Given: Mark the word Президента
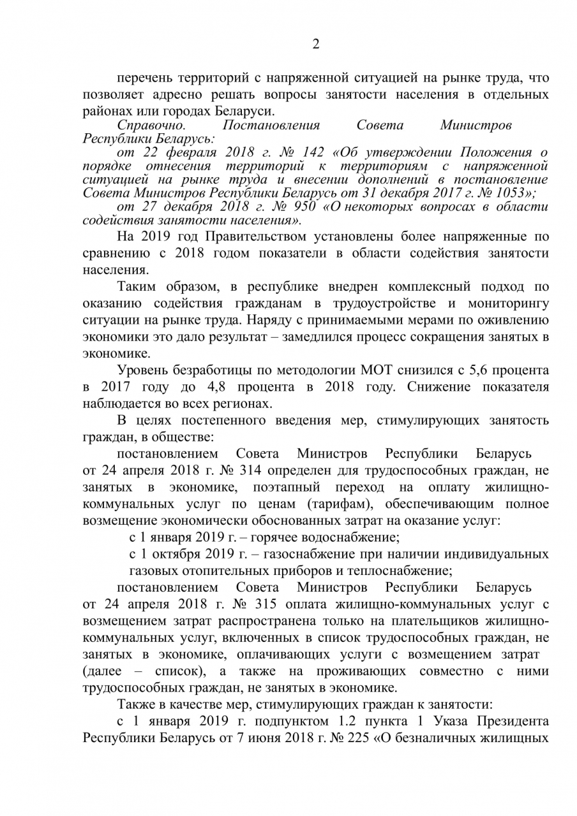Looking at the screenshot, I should pyautogui.click(x=507, y=721).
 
